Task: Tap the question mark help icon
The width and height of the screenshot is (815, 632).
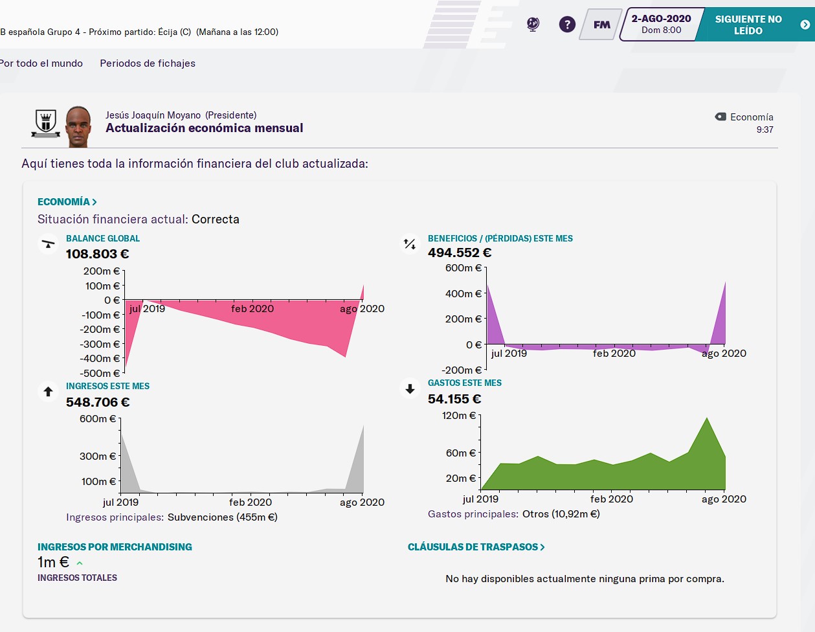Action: tap(567, 25)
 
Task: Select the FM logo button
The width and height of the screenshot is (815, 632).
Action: tap(601, 25)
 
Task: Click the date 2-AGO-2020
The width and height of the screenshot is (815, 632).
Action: tap(661, 19)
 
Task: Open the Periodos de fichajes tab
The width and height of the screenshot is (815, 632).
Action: tap(148, 63)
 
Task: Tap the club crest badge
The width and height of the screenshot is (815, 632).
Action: tap(46, 122)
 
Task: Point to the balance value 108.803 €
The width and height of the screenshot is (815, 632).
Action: tap(97, 254)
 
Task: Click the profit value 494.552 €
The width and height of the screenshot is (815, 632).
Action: tap(460, 253)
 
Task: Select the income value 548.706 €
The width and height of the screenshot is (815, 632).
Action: tap(98, 403)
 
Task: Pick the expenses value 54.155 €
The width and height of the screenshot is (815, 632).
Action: tap(454, 400)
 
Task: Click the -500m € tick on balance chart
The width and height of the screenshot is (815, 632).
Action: tap(100, 374)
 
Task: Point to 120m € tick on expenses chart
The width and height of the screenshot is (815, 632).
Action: tap(459, 416)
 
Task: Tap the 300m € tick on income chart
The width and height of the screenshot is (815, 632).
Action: tap(98, 457)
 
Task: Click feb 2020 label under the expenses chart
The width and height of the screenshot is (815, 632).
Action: tap(612, 499)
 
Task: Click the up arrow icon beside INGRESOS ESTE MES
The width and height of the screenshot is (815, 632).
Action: tap(48, 392)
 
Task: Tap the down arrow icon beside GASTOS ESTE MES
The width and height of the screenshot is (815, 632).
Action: tap(410, 389)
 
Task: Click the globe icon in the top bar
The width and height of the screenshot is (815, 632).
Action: tap(533, 25)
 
